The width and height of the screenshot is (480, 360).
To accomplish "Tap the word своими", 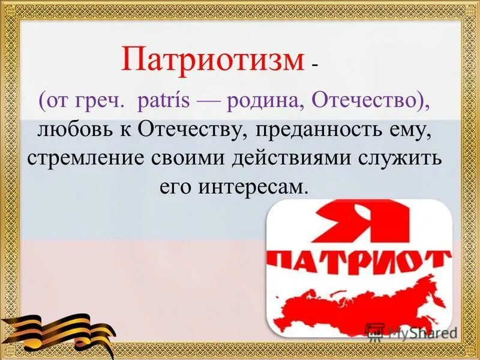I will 196,160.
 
